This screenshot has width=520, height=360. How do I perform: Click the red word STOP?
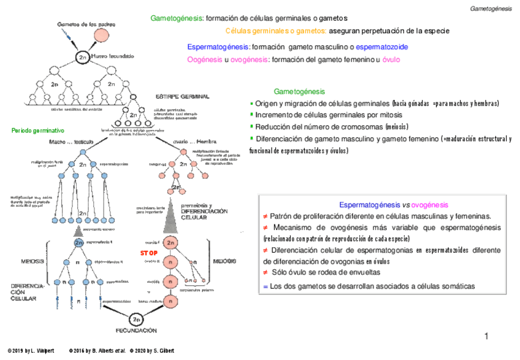tap(148, 253)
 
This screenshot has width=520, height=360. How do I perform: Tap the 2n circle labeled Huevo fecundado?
tap(83, 56)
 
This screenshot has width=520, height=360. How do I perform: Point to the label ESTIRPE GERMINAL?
tap(183, 97)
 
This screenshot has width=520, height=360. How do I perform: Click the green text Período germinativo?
tap(38, 131)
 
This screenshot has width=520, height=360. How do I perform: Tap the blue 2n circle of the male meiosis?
tap(78, 242)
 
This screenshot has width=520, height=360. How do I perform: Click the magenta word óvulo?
tap(391, 59)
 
